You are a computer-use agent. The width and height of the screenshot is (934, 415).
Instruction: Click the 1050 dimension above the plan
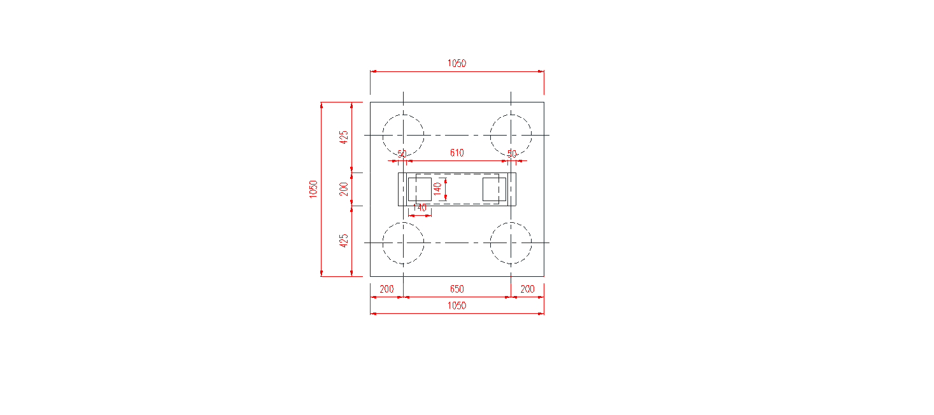[456, 63]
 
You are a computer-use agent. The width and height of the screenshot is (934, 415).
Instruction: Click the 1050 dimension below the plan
[456, 306]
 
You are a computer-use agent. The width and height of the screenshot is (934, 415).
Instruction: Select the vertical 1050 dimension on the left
[313, 189]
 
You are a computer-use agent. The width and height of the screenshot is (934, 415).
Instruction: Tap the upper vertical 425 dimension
[344, 137]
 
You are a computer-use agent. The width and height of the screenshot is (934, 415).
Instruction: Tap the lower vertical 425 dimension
[344, 241]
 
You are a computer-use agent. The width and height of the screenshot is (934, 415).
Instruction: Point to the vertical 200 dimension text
[344, 189]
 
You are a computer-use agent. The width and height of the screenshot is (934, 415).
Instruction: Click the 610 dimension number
[456, 153]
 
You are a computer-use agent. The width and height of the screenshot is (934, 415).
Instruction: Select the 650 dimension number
[456, 289]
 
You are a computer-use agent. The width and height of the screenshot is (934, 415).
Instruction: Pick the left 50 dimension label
[402, 154]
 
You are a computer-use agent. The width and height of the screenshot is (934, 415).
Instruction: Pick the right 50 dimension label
[512, 154]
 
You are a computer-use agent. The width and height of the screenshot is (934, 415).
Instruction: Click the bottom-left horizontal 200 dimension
[386, 289]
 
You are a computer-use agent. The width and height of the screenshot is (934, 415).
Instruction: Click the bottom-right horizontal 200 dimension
[527, 289]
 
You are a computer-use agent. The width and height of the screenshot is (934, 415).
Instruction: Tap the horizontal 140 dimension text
[420, 207]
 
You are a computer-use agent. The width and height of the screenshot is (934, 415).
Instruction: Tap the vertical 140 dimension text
[437, 189]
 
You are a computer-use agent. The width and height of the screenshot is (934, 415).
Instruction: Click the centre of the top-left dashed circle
[403, 135]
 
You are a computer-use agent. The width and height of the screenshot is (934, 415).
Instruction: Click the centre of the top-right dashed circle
[511, 135]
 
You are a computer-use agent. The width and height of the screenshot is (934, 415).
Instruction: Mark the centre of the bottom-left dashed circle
[403, 243]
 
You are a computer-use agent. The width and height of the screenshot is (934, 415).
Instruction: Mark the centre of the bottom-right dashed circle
[511, 243]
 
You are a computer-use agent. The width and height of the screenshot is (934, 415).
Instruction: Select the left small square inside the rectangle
[420, 190]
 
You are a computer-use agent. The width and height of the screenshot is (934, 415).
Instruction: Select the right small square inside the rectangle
[494, 190]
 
